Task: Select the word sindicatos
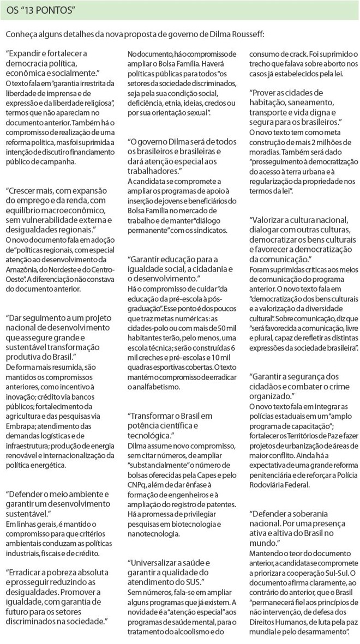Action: tap(212, 230)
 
